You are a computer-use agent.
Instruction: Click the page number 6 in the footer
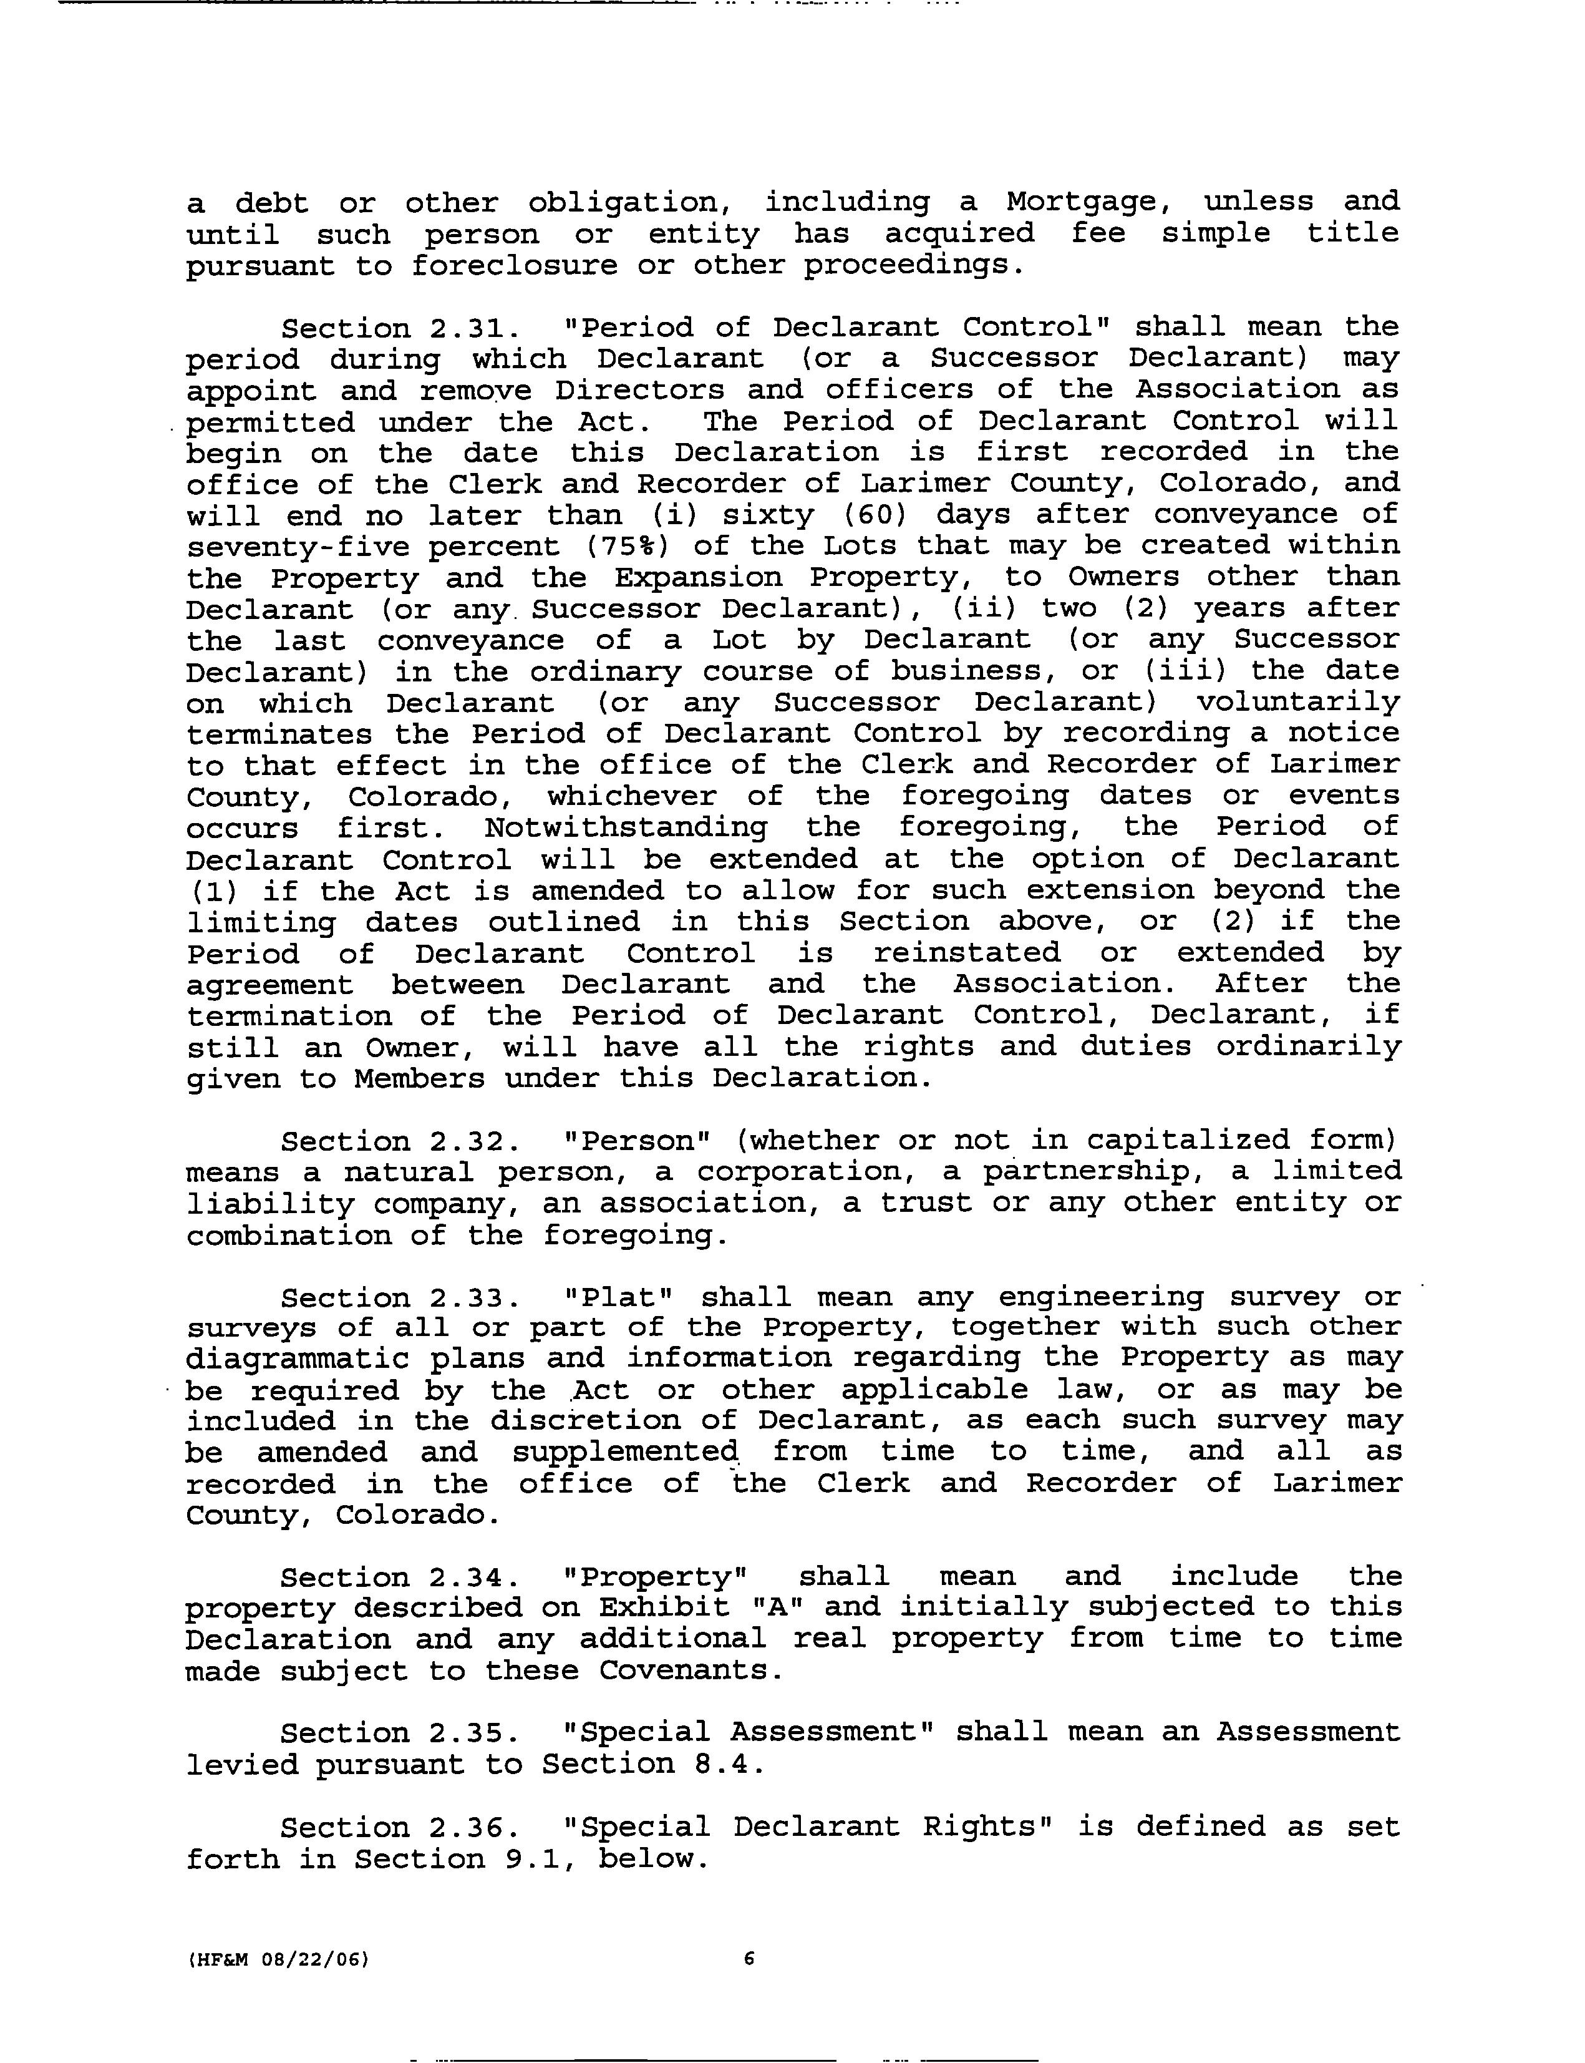[749, 1959]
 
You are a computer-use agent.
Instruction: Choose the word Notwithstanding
[626, 827]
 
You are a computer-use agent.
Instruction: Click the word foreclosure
[513, 266]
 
